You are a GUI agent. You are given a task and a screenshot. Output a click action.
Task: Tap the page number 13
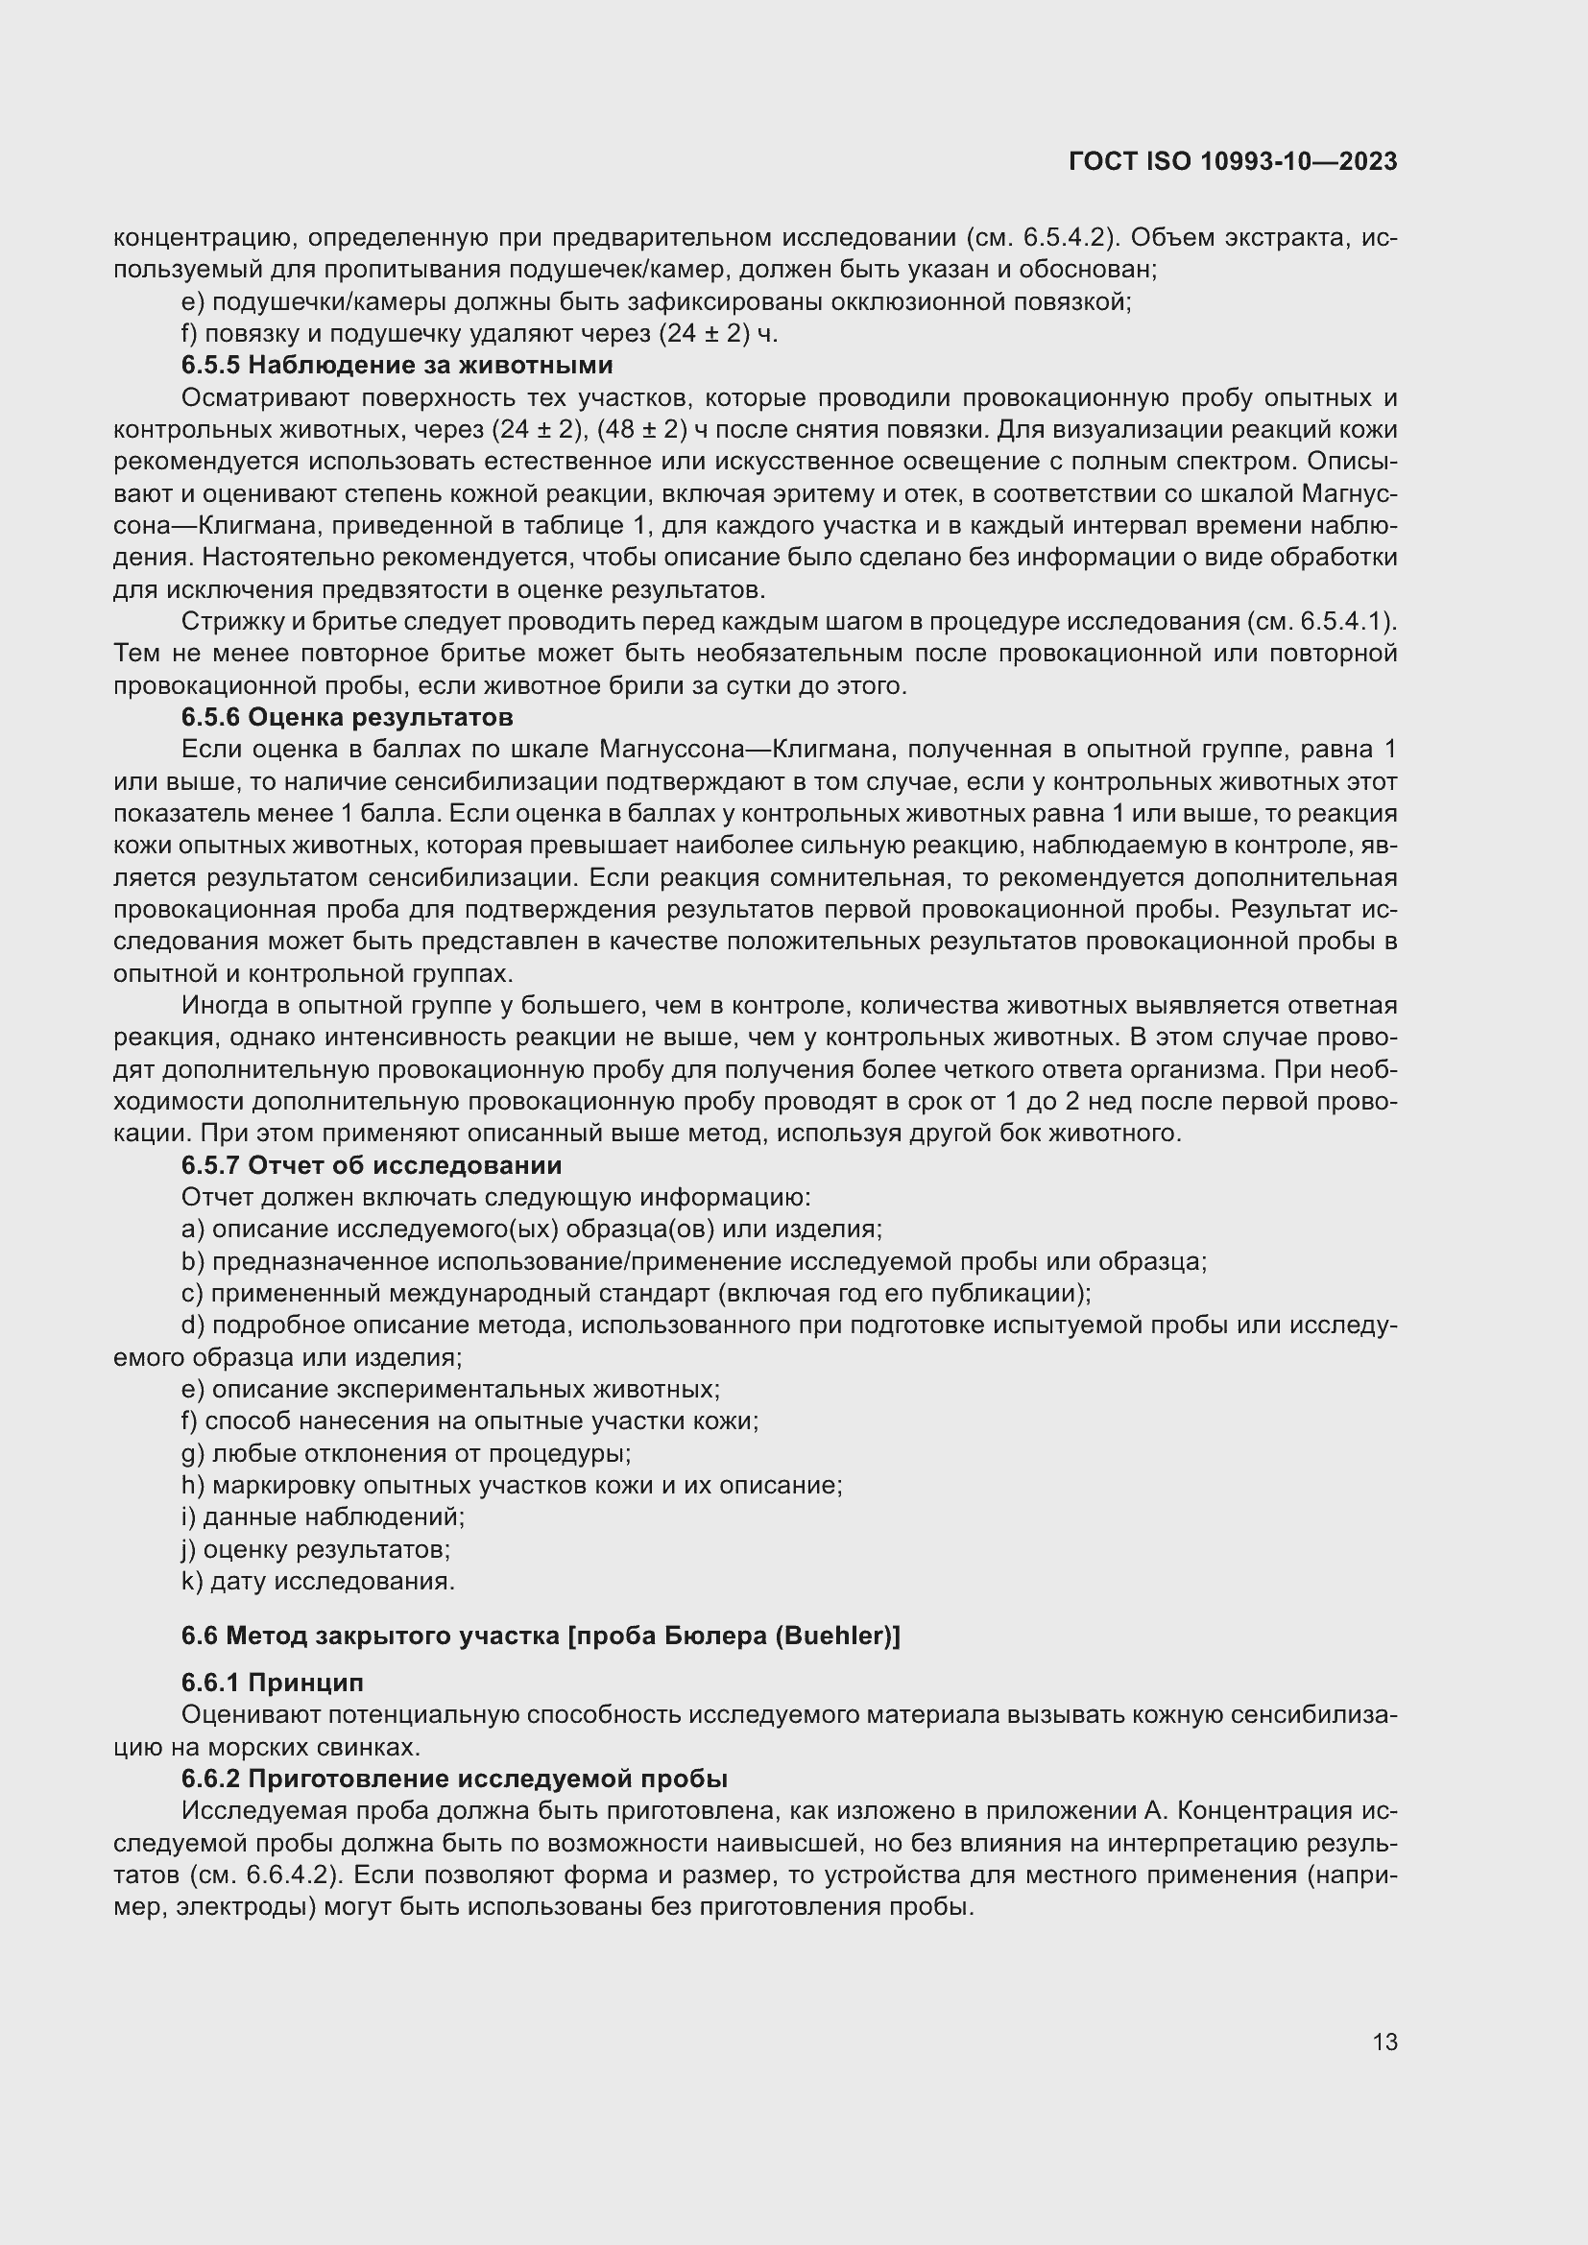1383,2042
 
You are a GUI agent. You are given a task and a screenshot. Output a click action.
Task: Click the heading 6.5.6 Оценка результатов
347,718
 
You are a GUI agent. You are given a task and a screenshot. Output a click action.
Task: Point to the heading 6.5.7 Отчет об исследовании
371,1165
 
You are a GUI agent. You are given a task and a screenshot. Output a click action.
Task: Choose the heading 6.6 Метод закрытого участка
540,1636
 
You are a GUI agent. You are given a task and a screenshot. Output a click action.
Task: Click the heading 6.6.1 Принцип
272,1683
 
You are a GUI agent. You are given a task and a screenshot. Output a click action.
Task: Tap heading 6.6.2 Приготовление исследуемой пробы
454,1779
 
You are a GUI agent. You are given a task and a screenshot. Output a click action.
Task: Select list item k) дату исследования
318,1581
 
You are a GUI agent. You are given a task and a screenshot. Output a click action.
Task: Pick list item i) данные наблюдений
323,1517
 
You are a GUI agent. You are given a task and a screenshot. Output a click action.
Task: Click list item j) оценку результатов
315,1550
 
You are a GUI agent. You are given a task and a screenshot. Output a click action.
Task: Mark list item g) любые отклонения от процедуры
406,1454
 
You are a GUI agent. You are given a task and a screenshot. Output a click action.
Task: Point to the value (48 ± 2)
637,430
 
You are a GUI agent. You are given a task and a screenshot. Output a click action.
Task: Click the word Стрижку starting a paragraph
222,622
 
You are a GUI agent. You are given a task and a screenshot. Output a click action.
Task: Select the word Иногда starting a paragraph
218,1005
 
